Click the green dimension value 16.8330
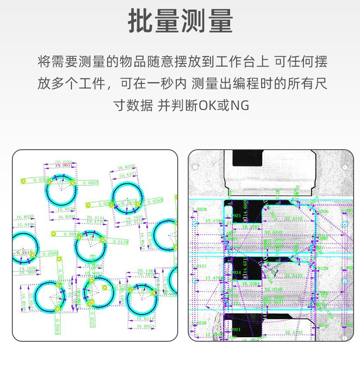pyautogui.click(x=126, y=167)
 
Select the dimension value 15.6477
pyautogui.click(x=127, y=175)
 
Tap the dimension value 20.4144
pyautogui.click(x=95, y=218)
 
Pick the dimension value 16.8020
pyautogui.click(x=25, y=216)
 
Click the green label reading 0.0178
pyautogui.click(x=120, y=242)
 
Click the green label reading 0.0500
pyautogui.click(x=50, y=253)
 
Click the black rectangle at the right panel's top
pyautogui.click(x=247, y=157)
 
